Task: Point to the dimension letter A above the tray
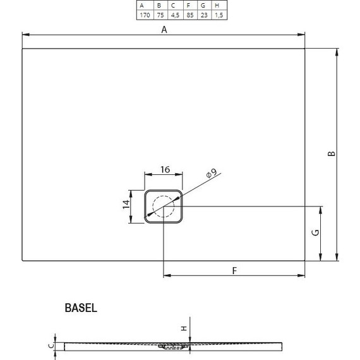[164, 29]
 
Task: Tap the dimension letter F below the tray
[234, 270]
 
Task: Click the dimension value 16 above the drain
[164, 169]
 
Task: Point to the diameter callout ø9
[210, 173]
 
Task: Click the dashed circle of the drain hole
[164, 207]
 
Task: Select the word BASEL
[80, 308]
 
